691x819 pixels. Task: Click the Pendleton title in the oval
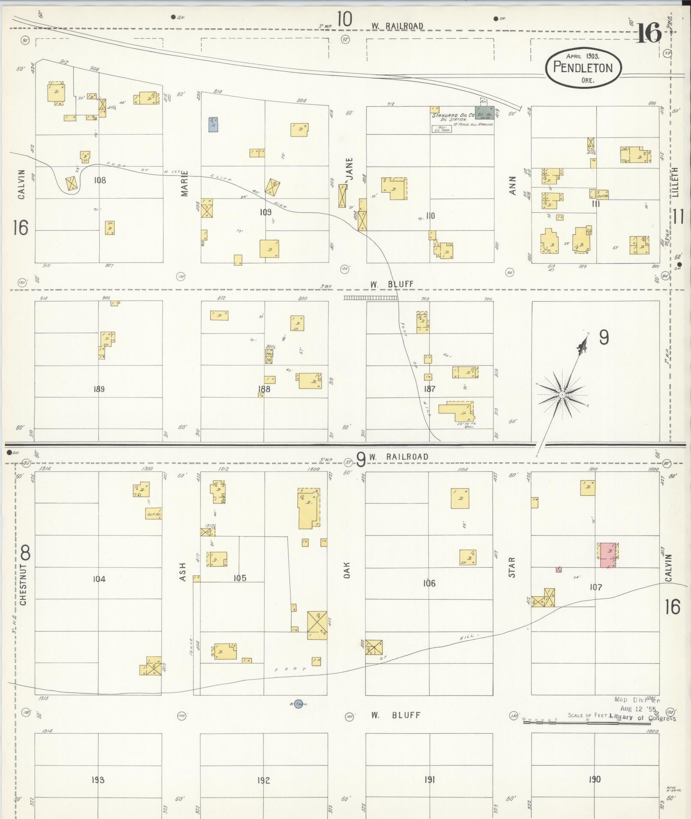point(583,67)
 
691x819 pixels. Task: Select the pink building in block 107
point(607,555)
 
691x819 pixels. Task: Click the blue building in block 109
point(213,124)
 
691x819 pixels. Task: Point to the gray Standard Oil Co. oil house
point(485,113)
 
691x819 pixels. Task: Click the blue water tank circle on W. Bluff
point(299,703)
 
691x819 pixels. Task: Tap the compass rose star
point(561,394)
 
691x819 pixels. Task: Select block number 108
point(99,180)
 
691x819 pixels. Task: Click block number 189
point(99,389)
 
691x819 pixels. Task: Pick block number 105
point(240,578)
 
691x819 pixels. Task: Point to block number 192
point(263,780)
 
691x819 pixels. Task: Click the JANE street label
point(350,169)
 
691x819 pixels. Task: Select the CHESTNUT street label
point(23,584)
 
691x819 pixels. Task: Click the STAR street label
point(512,567)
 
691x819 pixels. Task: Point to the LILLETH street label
point(676,182)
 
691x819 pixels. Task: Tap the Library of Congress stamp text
point(643,718)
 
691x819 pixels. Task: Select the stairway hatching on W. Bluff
point(370,298)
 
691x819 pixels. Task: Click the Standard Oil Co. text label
point(453,116)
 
